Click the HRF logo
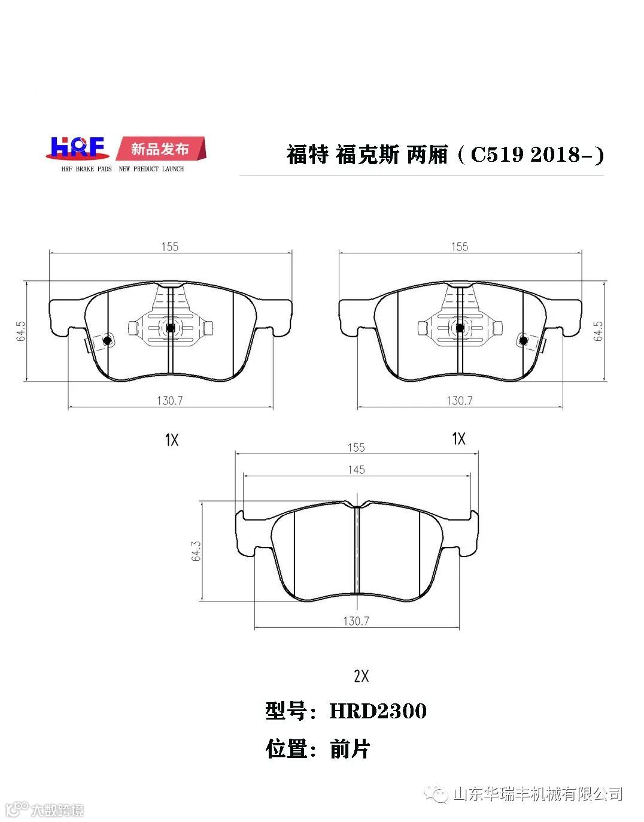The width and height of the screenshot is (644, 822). pyautogui.click(x=77, y=148)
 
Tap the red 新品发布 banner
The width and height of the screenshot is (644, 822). pyautogui.click(x=160, y=149)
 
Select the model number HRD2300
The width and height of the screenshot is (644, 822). pyautogui.click(x=378, y=711)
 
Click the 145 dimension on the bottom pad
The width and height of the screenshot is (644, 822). pyautogui.click(x=356, y=470)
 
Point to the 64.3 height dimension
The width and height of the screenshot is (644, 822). pyautogui.click(x=196, y=551)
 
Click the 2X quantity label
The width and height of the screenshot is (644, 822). pyautogui.click(x=362, y=676)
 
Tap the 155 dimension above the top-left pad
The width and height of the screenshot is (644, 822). pyautogui.click(x=169, y=247)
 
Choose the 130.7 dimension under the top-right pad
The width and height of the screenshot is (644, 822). pyautogui.click(x=459, y=401)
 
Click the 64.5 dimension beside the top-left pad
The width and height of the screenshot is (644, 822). pyautogui.click(x=21, y=331)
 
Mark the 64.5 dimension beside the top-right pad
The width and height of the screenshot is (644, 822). pyautogui.click(x=598, y=331)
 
